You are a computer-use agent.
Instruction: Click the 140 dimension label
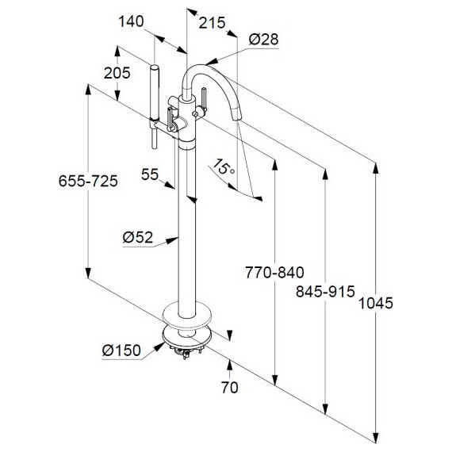pos(131,21)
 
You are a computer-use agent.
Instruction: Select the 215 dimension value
pos(212,23)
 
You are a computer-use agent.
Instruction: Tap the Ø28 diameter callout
pos(263,39)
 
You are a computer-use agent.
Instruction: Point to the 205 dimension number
pos(117,73)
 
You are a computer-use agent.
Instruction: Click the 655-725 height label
pos(88,181)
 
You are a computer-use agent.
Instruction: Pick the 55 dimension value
pos(150,174)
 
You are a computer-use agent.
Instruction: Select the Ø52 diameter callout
pos(138,237)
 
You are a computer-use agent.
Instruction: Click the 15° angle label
pos(224,167)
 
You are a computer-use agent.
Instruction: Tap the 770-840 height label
pos(274,272)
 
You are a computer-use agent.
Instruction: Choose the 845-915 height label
pos(325,291)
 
